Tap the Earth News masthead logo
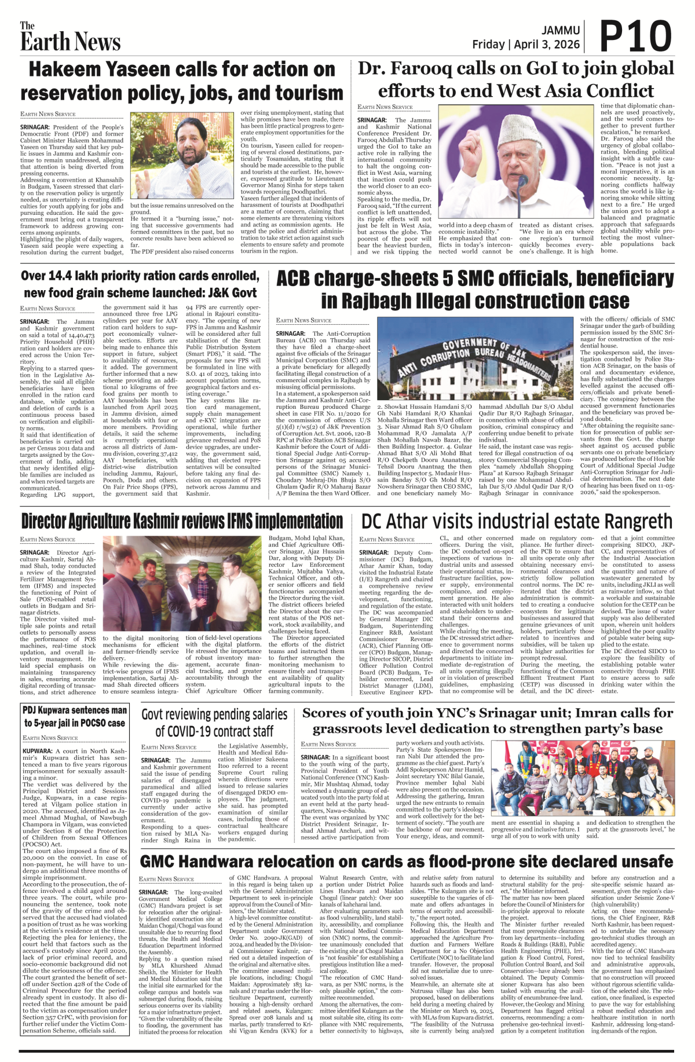tap(70, 38)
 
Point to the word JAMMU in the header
tap(561, 30)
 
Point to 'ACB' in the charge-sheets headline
tap(297, 279)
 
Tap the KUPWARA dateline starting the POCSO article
tap(38, 751)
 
